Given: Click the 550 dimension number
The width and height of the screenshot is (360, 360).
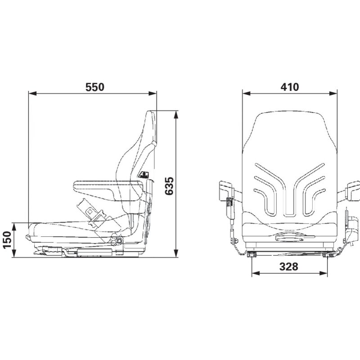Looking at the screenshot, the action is (x=95, y=87).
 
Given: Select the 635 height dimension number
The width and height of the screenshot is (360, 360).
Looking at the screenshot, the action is (x=170, y=186).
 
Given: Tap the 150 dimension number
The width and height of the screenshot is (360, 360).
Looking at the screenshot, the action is (x=7, y=240).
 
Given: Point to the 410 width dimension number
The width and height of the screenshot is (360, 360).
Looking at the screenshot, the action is (x=290, y=87).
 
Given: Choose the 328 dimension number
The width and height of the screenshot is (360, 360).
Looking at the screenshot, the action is (x=289, y=266).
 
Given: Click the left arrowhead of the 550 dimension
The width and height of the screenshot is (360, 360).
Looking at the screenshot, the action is (x=32, y=94).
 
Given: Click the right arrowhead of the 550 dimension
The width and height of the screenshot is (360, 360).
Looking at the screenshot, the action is (x=153, y=94).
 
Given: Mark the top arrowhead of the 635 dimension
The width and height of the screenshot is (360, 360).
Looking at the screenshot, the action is (x=176, y=115).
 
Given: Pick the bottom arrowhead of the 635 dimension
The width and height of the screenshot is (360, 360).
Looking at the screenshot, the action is (x=176, y=253).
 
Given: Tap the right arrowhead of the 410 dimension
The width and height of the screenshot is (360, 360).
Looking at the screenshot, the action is (x=333, y=93).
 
